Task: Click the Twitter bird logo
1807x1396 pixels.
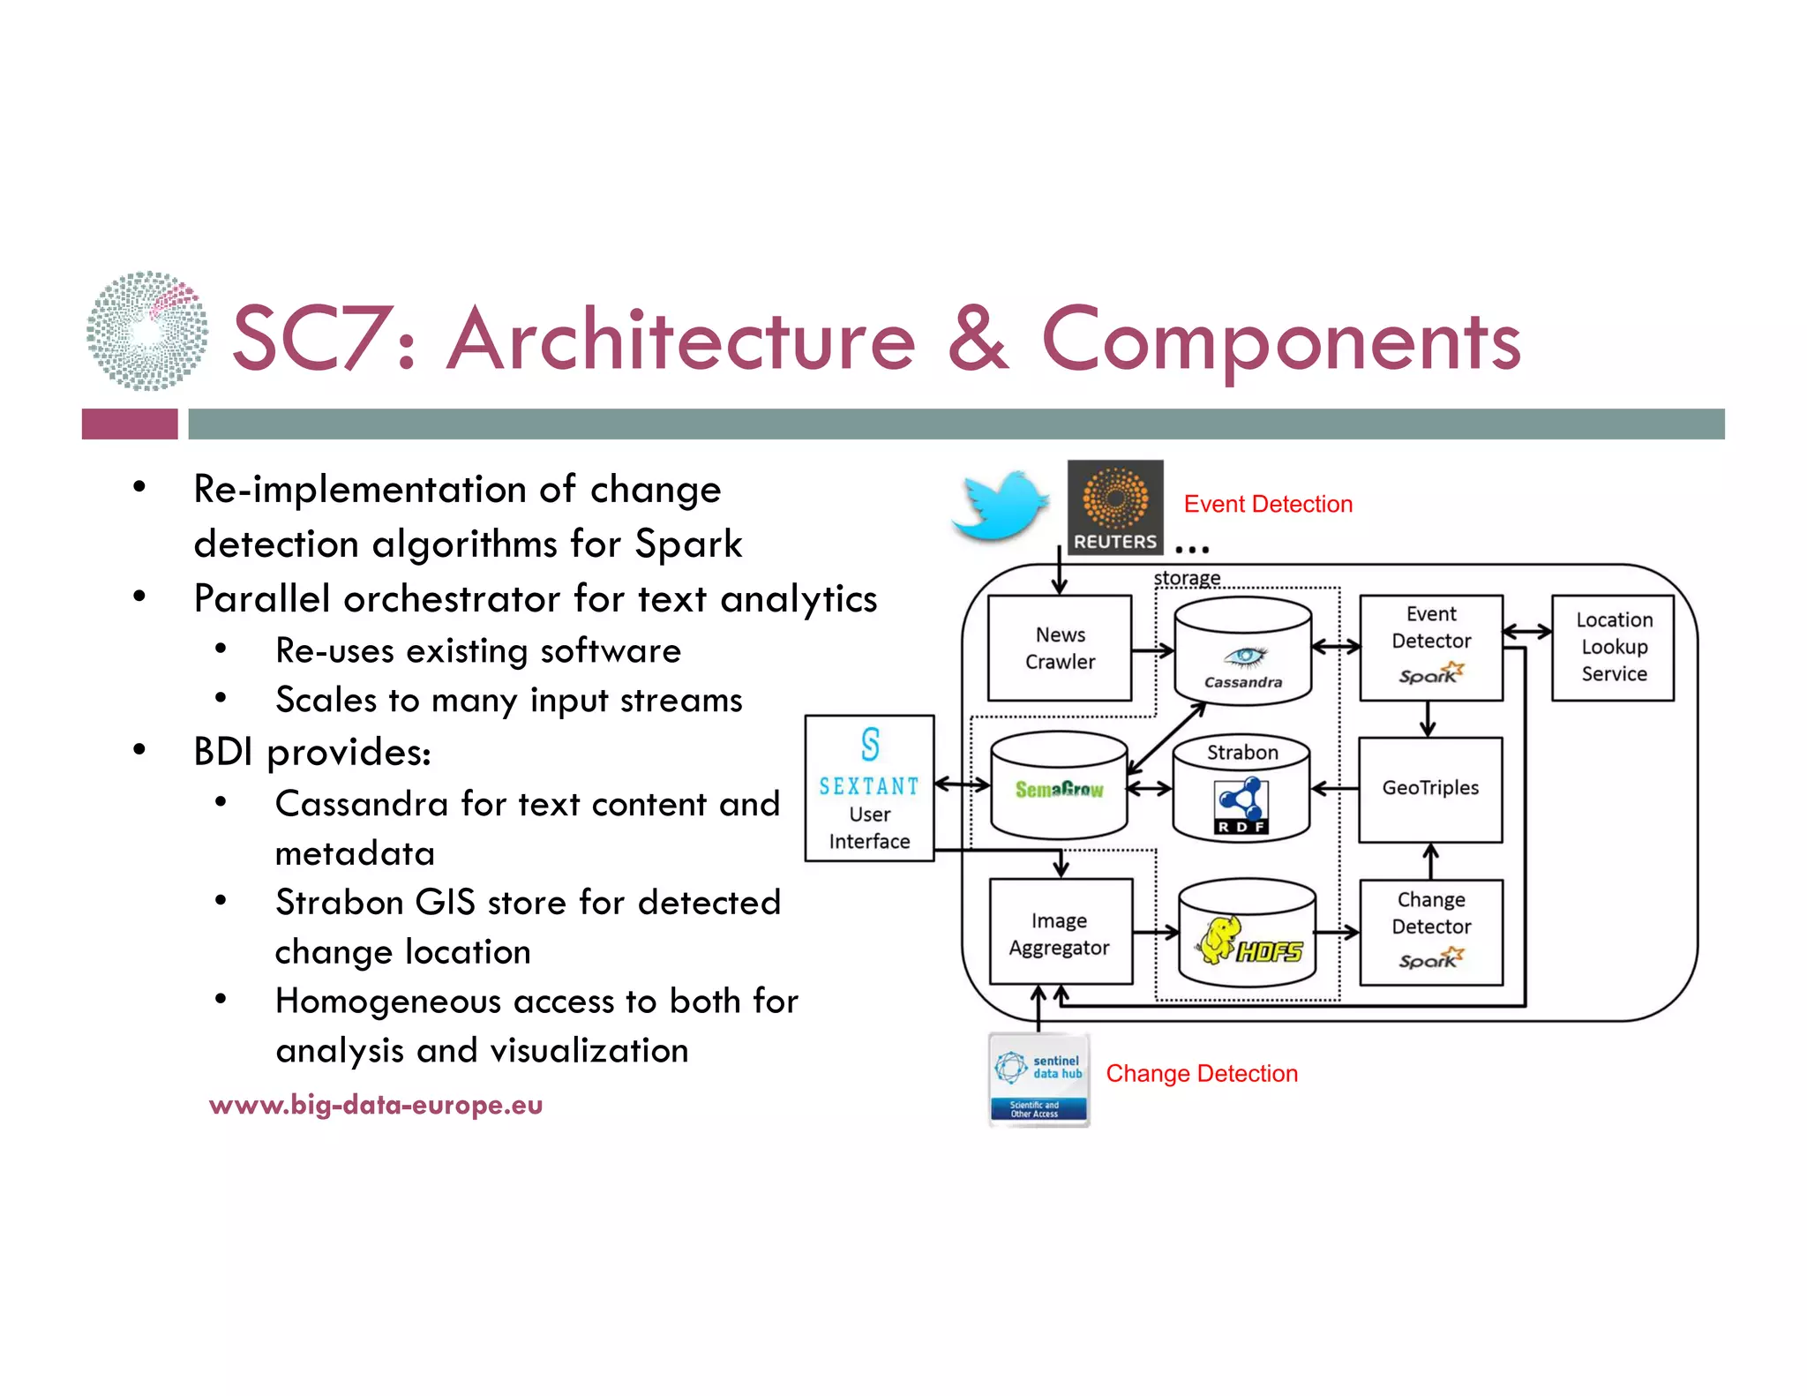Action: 1000,506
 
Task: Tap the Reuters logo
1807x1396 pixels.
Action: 1114,507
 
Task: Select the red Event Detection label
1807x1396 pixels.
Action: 1267,504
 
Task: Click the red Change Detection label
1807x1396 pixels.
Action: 1201,1073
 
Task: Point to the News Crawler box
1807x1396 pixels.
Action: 1060,648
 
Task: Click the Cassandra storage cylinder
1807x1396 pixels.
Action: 1242,653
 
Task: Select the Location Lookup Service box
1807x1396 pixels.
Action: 1613,647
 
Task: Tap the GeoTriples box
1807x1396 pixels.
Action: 1430,788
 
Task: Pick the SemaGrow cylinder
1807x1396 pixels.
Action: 1059,787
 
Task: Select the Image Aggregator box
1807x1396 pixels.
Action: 1060,933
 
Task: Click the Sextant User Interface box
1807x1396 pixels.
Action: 869,788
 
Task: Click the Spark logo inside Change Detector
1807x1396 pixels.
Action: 1430,959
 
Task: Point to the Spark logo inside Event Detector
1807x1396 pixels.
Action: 1430,674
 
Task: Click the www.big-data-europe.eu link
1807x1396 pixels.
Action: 376,1105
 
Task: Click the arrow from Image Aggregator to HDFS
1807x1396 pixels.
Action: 1155,932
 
